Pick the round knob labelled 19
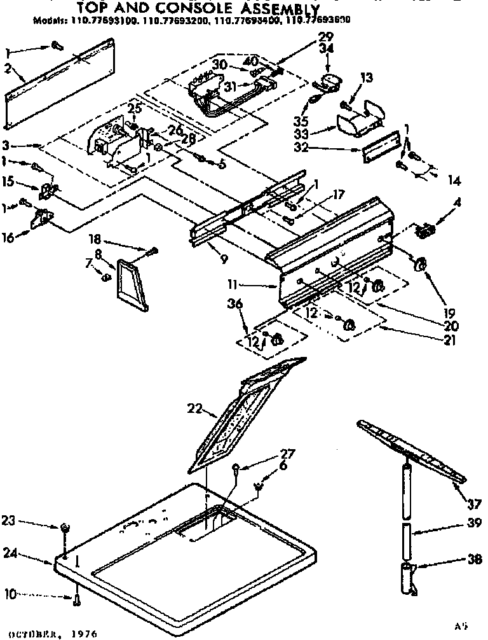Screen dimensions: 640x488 click(x=419, y=265)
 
